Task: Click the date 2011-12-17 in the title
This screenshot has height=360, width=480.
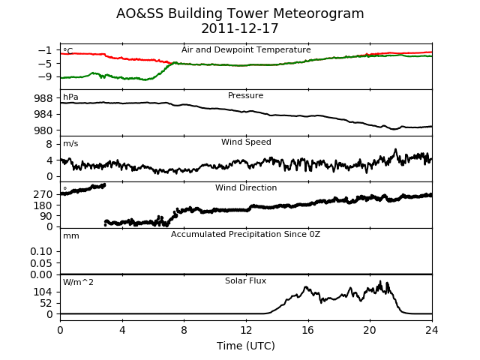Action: click(x=240, y=28)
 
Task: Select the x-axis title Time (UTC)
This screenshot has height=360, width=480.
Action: click(x=246, y=346)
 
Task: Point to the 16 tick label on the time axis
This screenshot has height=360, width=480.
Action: click(x=308, y=330)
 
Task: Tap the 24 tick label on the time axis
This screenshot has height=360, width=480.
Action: click(x=432, y=330)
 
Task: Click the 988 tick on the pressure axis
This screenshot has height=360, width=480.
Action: click(x=43, y=98)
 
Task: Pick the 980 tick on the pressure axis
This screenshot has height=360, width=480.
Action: click(x=43, y=130)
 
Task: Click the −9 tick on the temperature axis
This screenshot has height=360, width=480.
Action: click(x=45, y=76)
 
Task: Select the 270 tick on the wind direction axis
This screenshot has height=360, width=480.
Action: click(x=43, y=194)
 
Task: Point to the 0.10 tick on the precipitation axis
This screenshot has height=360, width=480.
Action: click(x=41, y=252)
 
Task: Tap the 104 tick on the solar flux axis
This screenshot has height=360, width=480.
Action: click(x=43, y=292)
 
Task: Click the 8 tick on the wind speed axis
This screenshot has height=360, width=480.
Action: click(x=49, y=144)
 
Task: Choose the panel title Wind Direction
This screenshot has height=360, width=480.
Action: click(x=246, y=187)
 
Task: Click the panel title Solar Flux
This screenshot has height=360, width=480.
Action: click(x=245, y=280)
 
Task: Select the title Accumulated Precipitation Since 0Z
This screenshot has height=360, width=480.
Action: click(x=245, y=235)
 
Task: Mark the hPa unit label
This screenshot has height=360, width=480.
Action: click(x=70, y=97)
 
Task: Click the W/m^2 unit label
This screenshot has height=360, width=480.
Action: click(x=78, y=282)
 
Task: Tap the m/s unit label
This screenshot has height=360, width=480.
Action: click(x=70, y=143)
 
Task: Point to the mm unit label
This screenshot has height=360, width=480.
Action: click(x=71, y=236)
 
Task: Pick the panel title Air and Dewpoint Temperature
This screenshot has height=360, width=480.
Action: click(x=246, y=50)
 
